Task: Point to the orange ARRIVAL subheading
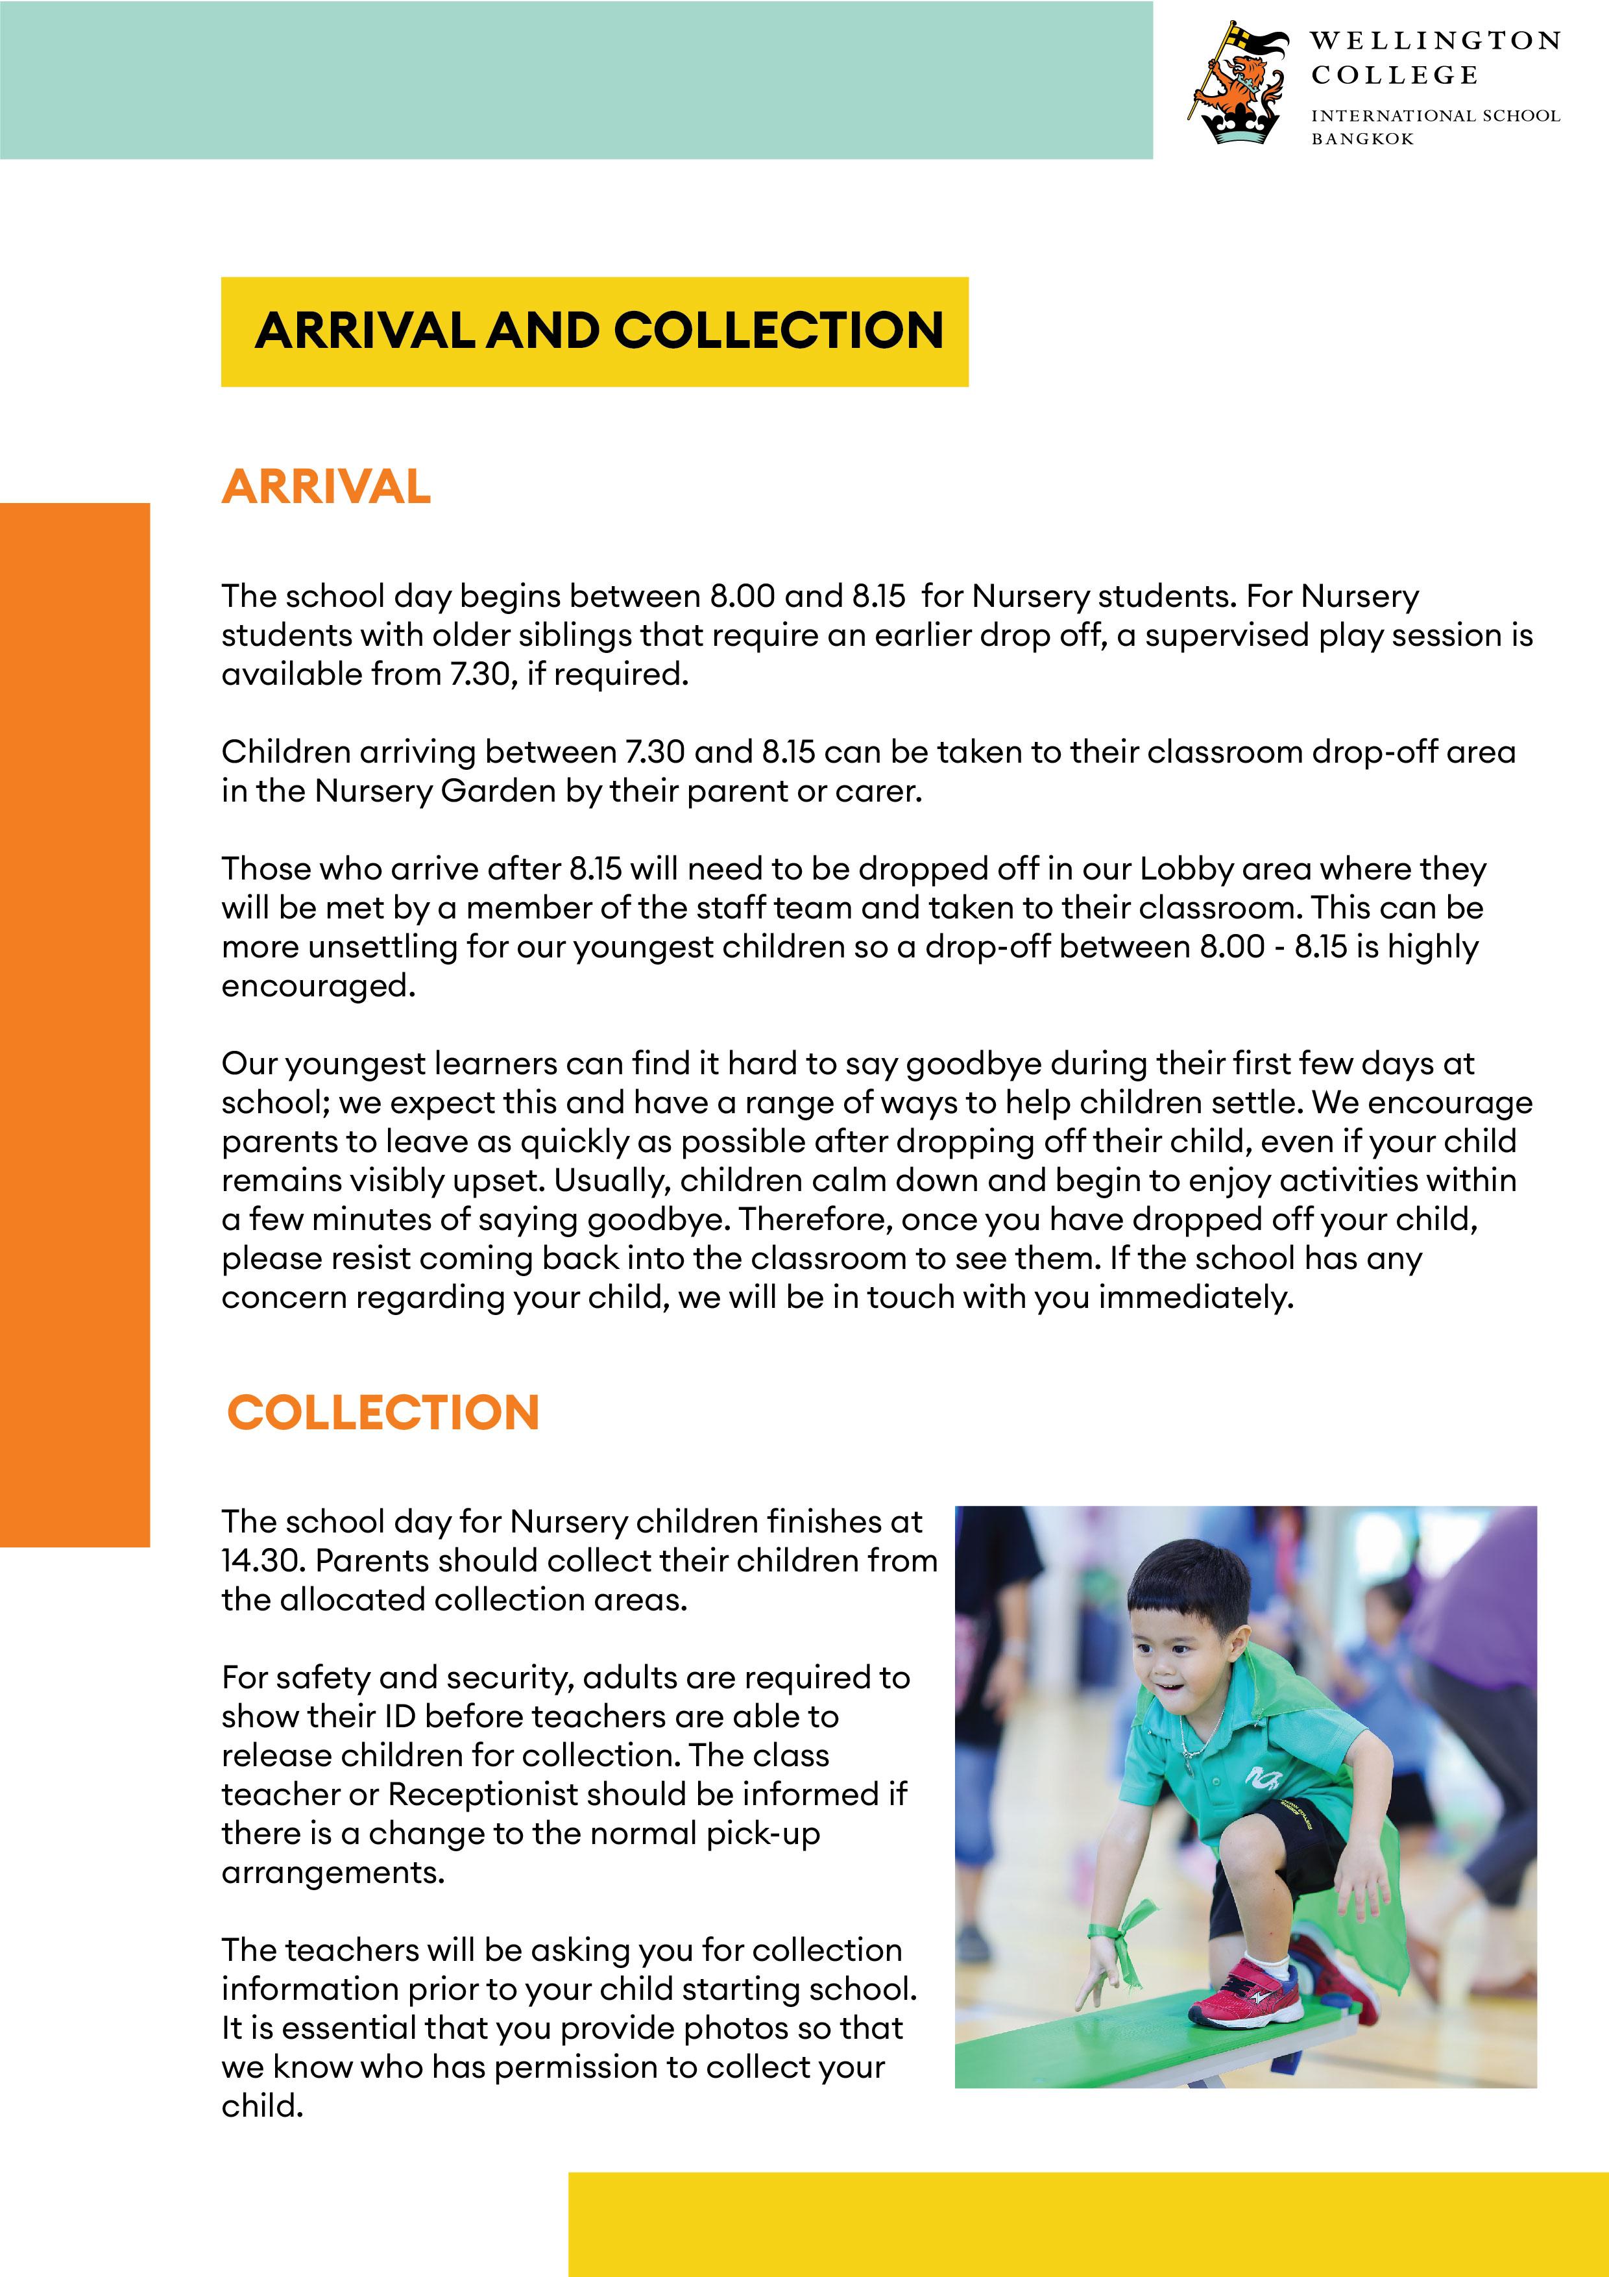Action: [326, 486]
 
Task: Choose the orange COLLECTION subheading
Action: [383, 1412]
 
